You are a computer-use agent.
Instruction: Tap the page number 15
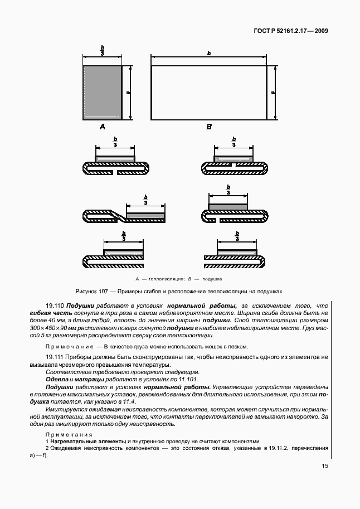click(x=324, y=467)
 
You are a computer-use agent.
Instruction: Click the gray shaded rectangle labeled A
click(x=102, y=92)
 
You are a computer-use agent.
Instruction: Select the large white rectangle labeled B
click(x=209, y=92)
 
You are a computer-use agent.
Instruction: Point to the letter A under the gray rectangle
click(x=102, y=127)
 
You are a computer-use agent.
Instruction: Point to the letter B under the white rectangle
click(x=209, y=127)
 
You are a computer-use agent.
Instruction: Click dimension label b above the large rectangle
click(x=208, y=53)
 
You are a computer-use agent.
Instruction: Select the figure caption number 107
click(x=104, y=291)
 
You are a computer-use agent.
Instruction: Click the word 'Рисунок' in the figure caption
click(x=86, y=291)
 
